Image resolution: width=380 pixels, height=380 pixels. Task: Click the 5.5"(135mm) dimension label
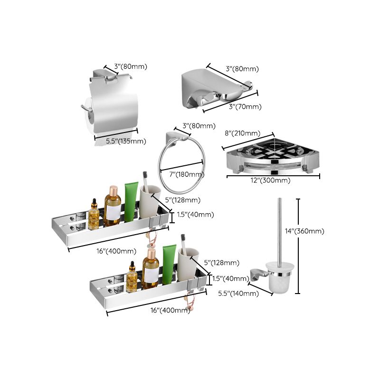[125, 141]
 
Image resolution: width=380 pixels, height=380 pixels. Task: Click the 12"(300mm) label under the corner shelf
[271, 180]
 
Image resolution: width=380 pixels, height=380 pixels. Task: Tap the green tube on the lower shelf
[169, 265]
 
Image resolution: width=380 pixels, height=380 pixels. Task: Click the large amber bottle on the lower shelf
[151, 270]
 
